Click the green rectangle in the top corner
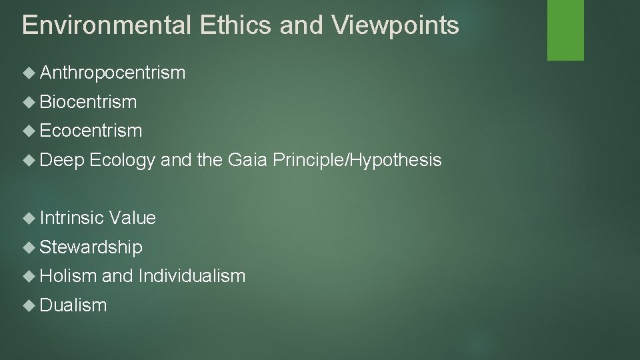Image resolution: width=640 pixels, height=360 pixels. (565, 30)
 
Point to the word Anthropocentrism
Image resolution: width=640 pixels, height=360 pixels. (113, 73)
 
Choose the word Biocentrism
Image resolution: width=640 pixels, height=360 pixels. (88, 102)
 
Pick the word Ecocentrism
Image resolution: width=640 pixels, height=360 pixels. (91, 131)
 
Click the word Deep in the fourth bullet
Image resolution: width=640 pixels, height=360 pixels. (62, 160)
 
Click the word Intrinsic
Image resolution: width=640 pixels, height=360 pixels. (72, 218)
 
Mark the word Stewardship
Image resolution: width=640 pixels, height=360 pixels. (91, 247)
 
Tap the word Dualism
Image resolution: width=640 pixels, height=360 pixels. (73, 305)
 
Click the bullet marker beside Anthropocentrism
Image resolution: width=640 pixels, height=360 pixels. (29, 73)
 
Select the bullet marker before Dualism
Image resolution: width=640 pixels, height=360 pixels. (29, 305)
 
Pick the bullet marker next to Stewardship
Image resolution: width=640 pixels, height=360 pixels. (29, 247)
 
